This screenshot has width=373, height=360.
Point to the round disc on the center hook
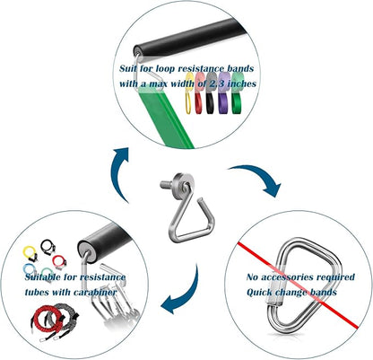tap(182, 187)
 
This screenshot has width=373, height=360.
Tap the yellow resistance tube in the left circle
tap(30, 253)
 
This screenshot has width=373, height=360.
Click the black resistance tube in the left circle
tap(48, 247)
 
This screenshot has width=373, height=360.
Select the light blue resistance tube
tap(30, 269)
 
